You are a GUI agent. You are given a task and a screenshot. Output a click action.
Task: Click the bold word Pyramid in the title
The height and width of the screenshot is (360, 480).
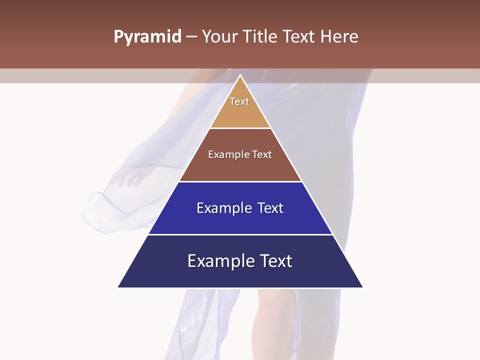coord(147,37)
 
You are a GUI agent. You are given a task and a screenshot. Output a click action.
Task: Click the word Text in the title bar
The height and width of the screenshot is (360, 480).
coord(299,37)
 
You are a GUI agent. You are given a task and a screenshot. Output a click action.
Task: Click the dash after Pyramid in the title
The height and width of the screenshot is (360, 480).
coord(191,37)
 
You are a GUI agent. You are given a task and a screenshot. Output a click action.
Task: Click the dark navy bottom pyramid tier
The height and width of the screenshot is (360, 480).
coord(240,275)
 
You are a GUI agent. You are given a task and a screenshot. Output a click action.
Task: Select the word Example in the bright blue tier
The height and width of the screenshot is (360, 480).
coord(224,208)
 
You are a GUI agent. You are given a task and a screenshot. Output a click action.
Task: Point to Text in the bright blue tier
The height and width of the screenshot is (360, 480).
coord(270,208)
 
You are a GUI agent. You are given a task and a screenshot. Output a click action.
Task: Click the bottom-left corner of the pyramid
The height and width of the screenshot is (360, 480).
coord(118,287)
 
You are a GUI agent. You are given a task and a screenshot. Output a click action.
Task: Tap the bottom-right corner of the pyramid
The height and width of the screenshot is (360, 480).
coord(362,287)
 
